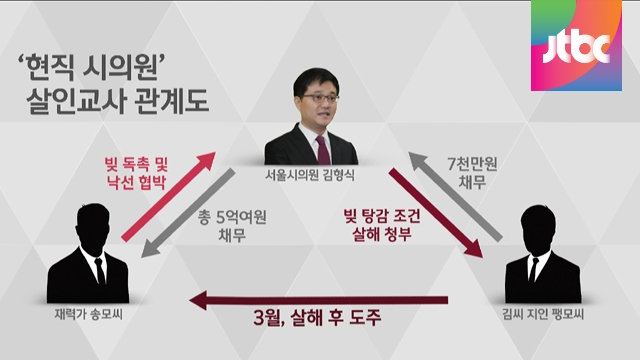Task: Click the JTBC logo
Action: coord(576,45)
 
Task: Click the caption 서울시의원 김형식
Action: coord(310,175)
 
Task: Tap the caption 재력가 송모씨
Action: coord(89,314)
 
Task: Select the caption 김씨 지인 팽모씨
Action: coord(543,314)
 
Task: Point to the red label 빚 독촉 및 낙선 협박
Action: coord(136,173)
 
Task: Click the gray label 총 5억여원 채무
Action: coord(232,226)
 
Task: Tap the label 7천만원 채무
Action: coord(472,172)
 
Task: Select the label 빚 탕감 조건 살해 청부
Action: coord(382,224)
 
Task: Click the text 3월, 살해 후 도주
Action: coord(317,318)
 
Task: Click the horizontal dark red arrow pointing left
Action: coord(319,301)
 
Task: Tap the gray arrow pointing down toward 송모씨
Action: coord(188,213)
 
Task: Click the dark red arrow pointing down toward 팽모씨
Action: coord(436,213)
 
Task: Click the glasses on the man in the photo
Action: coord(320,98)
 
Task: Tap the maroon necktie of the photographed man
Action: coord(324,150)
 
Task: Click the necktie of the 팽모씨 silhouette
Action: coord(533,270)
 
